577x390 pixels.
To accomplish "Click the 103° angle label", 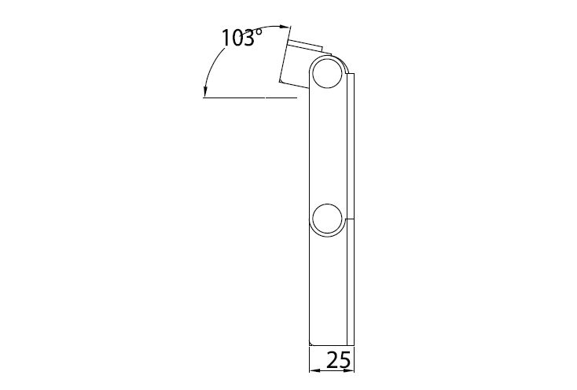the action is pyautogui.click(x=242, y=38).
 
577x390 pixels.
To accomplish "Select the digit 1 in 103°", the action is pyautogui.click(x=225, y=38).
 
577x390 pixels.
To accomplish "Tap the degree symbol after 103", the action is pyautogui.click(x=259, y=32).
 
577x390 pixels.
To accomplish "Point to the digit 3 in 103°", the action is pyautogui.click(x=248, y=38).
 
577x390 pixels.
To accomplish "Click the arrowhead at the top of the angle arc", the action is pyautogui.click(x=283, y=27).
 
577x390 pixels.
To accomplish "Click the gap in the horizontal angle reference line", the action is pyautogui.click(x=265, y=97).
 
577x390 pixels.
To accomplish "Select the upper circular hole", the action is pyautogui.click(x=327, y=73).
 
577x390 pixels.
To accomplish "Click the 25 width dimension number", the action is pyautogui.click(x=339, y=360).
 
